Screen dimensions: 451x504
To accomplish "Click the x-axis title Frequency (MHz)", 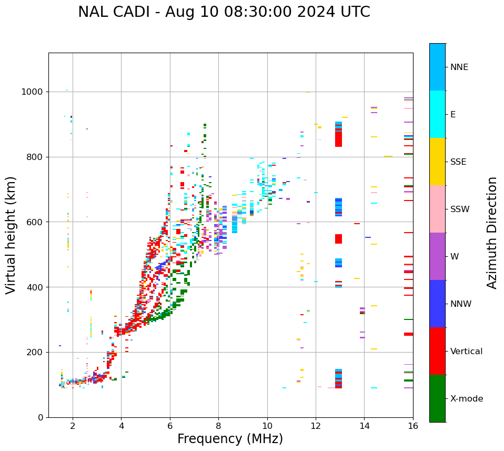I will click(x=230, y=439).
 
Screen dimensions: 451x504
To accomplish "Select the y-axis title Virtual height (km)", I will click(x=11, y=235).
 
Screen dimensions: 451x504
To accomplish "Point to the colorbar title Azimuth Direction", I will click(x=492, y=232).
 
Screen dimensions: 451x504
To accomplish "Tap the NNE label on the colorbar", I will click(x=459, y=67).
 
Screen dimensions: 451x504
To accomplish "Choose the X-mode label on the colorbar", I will click(x=466, y=399).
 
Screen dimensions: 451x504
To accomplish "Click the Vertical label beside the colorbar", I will click(x=466, y=352).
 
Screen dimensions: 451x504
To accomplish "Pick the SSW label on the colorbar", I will click(x=459, y=209).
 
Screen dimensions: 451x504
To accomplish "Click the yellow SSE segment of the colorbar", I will click(x=437, y=162).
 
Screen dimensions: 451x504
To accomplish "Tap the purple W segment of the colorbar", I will click(x=437, y=256).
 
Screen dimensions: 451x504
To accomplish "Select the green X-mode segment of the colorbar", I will click(x=437, y=398).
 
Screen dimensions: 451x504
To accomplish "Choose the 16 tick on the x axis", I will click(x=413, y=426).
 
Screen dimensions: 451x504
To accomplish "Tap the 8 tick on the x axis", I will click(x=218, y=426).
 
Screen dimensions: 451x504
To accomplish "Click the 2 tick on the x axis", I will click(x=73, y=426).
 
